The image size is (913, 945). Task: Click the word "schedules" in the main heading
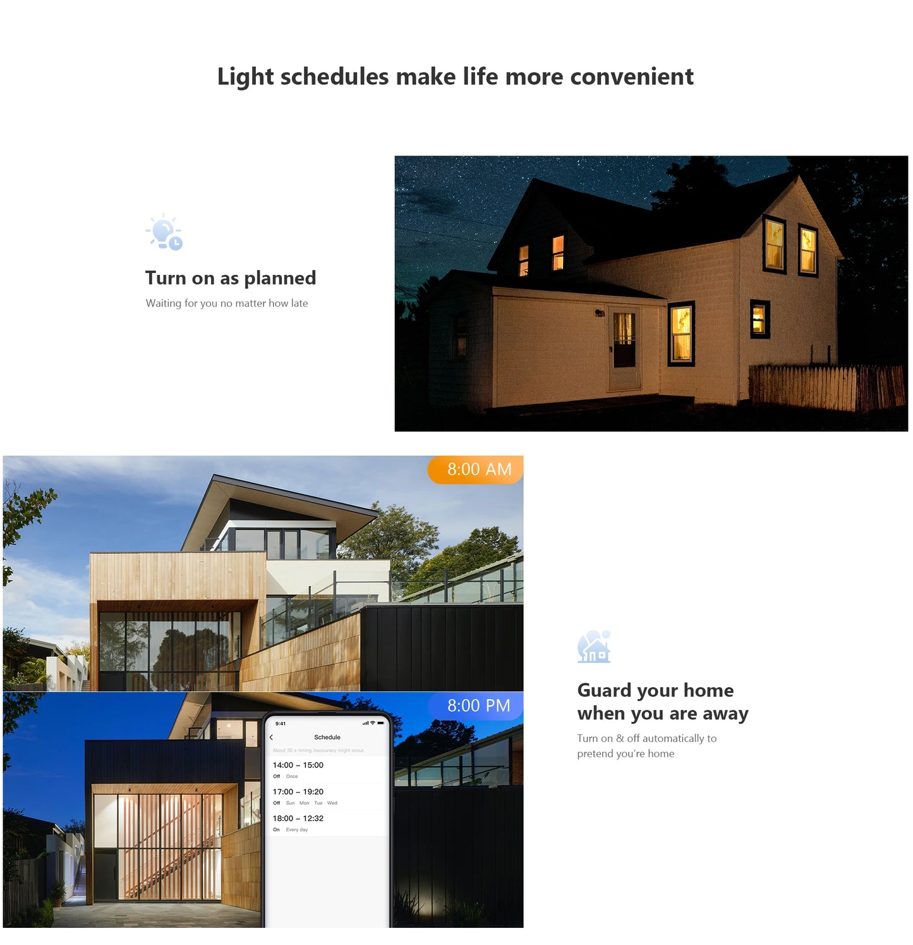(334, 76)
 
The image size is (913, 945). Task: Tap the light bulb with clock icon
(165, 232)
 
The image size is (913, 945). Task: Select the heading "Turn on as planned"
(231, 278)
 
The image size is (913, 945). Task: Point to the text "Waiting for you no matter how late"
(227, 303)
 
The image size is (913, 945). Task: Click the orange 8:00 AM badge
(477, 470)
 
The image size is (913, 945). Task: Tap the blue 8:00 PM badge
(477, 705)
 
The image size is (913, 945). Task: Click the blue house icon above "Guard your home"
(594, 647)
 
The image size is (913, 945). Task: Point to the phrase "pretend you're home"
(626, 753)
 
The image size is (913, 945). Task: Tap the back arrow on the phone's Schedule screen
(272, 737)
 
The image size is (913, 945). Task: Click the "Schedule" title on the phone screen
(327, 737)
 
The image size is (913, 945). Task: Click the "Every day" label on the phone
(297, 830)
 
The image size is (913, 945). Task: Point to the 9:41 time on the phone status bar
(281, 724)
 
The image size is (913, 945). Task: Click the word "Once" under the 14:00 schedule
(292, 776)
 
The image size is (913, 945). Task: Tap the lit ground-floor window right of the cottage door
(681, 333)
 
